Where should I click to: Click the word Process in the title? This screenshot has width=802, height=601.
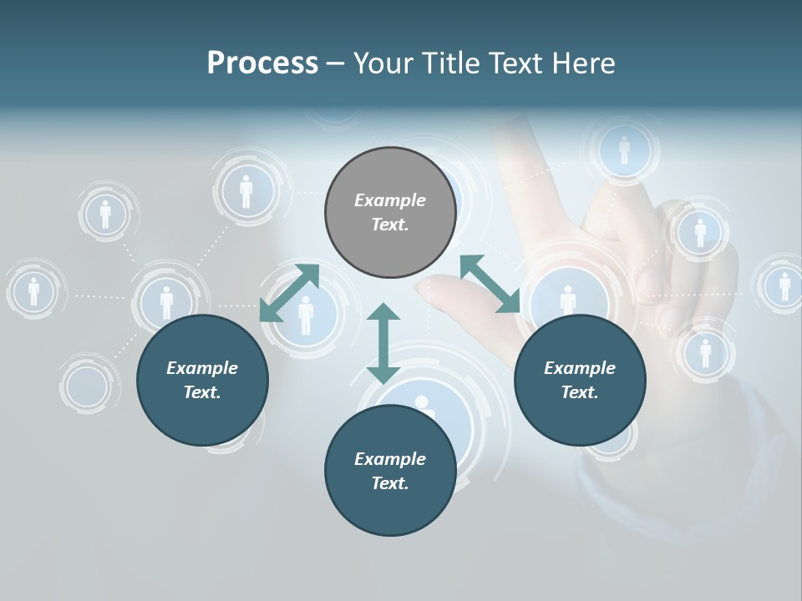pyautogui.click(x=262, y=63)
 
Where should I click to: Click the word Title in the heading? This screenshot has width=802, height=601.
pyautogui.click(x=449, y=63)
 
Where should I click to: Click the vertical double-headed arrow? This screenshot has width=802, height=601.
pyautogui.click(x=383, y=343)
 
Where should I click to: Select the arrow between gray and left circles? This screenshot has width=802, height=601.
pyautogui.click(x=289, y=293)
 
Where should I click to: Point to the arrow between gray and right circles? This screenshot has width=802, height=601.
pyautogui.click(x=490, y=285)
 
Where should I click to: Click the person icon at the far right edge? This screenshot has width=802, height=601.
pyautogui.click(x=784, y=285)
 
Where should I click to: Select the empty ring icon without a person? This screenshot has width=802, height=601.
pyautogui.click(x=87, y=386)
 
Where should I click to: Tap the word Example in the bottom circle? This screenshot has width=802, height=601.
pyautogui.click(x=390, y=459)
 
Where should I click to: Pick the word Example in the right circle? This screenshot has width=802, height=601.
pyautogui.click(x=580, y=368)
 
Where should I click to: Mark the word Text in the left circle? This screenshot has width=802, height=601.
pyautogui.click(x=201, y=392)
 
